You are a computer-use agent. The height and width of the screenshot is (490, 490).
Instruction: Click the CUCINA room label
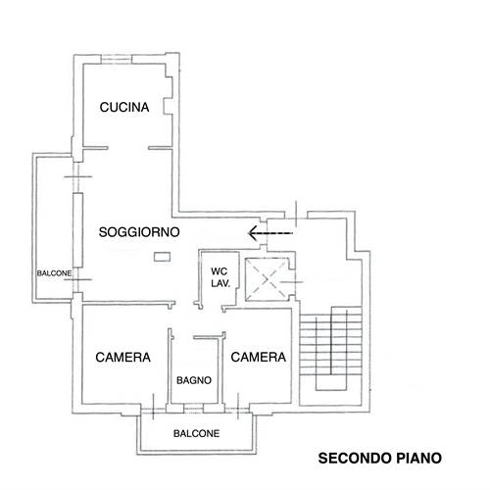point(123,109)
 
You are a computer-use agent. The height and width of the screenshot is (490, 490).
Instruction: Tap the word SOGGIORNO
point(138,232)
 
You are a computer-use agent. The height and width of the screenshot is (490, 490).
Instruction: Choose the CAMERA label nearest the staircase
point(258,358)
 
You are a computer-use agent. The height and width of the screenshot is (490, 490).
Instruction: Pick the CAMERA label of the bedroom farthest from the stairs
point(122,358)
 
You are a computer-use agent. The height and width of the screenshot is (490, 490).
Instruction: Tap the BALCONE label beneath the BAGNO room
point(196,432)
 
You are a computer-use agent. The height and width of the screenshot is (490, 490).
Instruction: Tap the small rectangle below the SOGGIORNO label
point(160,257)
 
